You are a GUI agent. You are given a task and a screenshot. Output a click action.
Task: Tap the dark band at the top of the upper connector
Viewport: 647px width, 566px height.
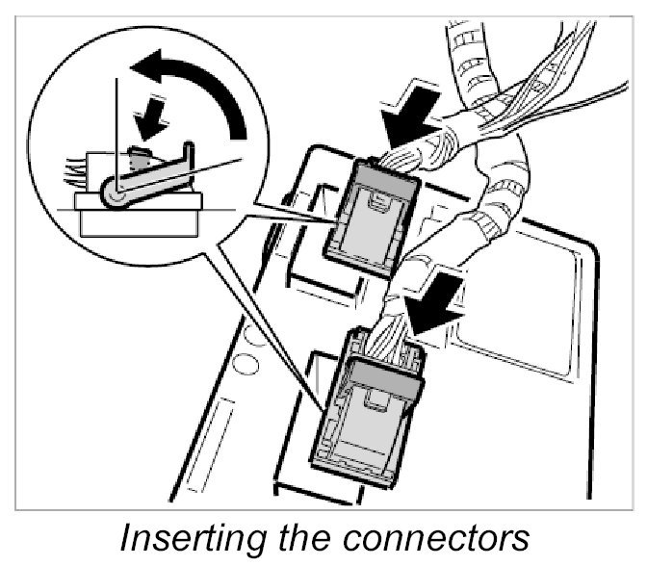tap(392, 172)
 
